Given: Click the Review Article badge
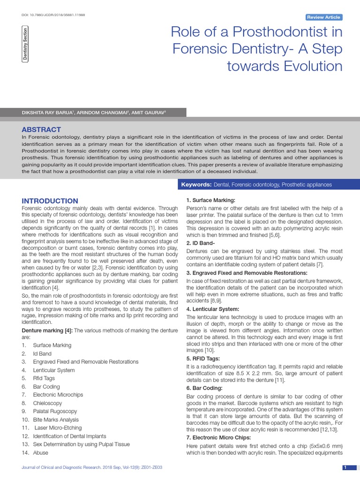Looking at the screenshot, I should [323, 17].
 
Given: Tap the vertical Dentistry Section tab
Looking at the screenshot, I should [25, 44].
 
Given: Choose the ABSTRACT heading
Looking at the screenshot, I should [41, 129].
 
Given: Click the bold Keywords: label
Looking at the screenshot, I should [196, 185].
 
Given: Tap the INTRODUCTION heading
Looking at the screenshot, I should [50, 201].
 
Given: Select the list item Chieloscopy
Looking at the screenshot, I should [47, 403].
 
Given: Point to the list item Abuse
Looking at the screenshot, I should [40, 453].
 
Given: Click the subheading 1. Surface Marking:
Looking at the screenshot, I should [207, 200].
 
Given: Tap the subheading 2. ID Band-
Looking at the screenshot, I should [201, 243].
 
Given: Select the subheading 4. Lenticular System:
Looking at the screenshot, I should [212, 309].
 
